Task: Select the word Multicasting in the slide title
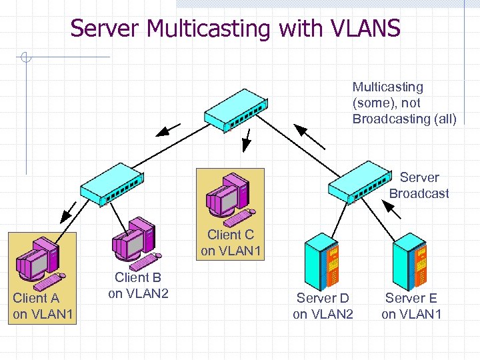click(208, 29)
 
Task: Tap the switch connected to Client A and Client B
click(111, 181)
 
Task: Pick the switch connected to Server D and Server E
click(359, 181)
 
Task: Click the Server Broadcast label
click(419, 185)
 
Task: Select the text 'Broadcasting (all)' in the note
click(404, 119)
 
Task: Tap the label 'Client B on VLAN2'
click(138, 285)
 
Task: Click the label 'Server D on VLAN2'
click(323, 305)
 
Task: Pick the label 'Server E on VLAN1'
click(411, 305)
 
